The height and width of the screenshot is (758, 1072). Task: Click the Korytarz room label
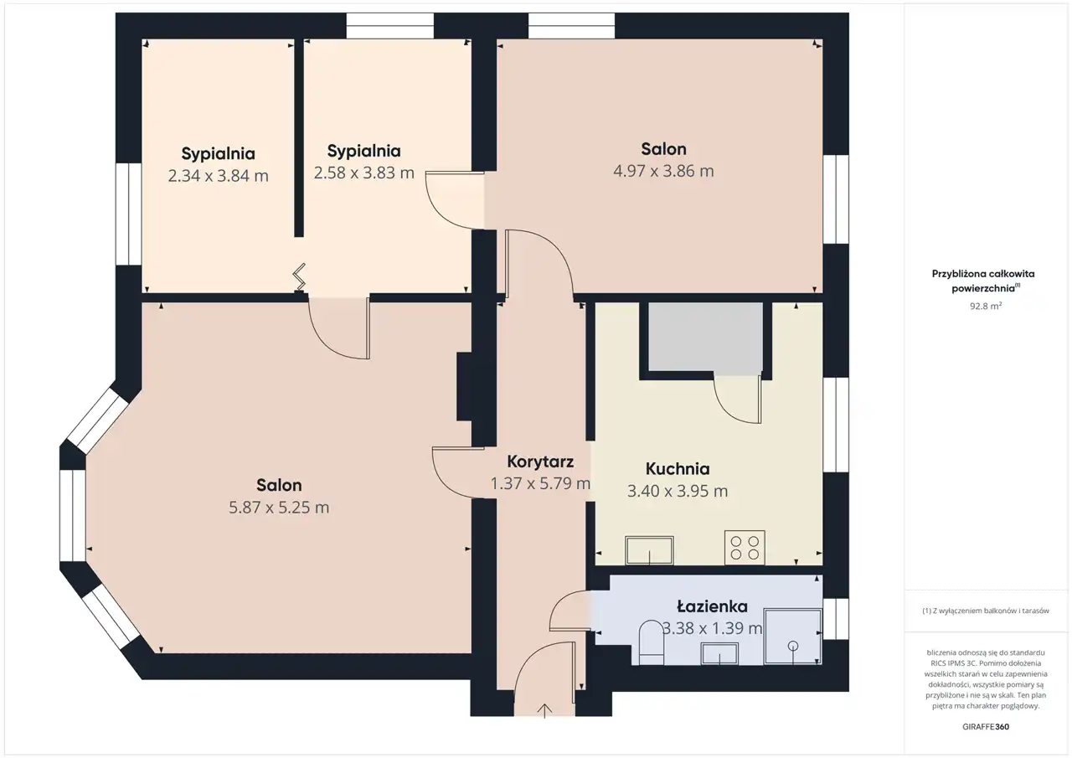[x=540, y=462]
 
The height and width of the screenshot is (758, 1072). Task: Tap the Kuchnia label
[x=678, y=469]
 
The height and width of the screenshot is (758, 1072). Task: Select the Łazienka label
[x=712, y=606]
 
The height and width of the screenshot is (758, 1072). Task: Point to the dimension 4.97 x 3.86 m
[x=663, y=171]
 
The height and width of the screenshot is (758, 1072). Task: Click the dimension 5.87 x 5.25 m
[x=279, y=508]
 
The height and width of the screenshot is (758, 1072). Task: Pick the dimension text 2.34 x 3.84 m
[x=218, y=176]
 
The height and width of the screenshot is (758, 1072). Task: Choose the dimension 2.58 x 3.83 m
[x=363, y=173]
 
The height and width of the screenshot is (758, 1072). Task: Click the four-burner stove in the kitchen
[x=745, y=548]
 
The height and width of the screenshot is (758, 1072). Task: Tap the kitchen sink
[x=649, y=551]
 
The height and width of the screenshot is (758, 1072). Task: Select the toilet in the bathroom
[x=652, y=642]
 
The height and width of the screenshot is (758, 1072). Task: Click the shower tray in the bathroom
[x=792, y=637]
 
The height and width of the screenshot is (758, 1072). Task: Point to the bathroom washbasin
[x=719, y=653]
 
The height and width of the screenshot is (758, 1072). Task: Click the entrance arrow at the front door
[x=544, y=711]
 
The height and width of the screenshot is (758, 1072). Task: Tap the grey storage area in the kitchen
[x=705, y=338]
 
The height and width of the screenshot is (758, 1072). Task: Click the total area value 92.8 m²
[x=986, y=306]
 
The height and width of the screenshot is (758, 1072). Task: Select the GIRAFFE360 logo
[x=986, y=727]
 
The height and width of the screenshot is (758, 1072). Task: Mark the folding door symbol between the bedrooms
[x=300, y=277]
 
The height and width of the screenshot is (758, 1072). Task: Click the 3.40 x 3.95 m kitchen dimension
[x=678, y=491]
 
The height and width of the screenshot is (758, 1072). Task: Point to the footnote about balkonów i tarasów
[x=986, y=611]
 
